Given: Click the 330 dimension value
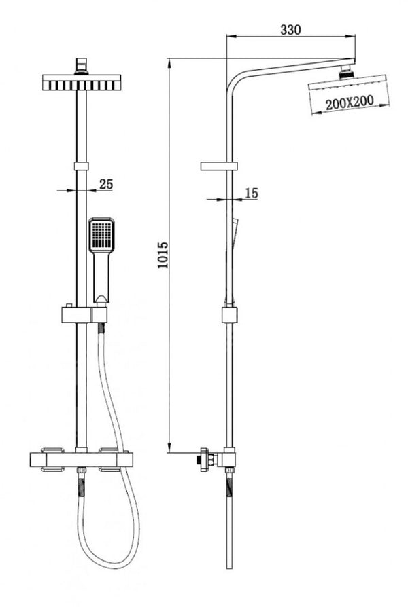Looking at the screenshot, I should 290,29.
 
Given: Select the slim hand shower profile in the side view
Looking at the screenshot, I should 235,234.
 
